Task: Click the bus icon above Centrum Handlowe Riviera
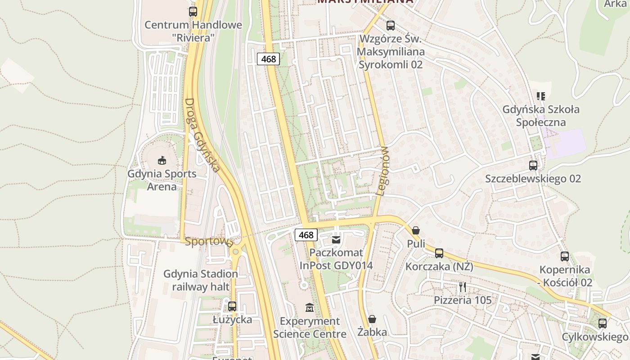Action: click(193, 12)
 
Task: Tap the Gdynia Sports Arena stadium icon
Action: click(162, 160)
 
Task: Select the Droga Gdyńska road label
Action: click(202, 135)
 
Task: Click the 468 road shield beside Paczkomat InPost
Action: click(306, 235)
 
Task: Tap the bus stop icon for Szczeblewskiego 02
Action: click(533, 165)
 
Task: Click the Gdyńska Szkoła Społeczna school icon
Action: click(541, 96)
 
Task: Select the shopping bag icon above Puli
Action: click(416, 230)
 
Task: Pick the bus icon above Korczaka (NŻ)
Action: click(439, 253)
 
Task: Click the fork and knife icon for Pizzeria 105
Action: click(463, 287)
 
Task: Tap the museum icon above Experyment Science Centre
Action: click(310, 308)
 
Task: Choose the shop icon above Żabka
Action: click(372, 319)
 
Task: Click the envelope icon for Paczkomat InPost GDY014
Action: click(336, 239)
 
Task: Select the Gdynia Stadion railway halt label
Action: click(201, 280)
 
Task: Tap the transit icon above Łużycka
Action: click(232, 306)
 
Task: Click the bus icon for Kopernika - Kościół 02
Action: click(565, 256)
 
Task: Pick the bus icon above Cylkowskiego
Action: click(603, 323)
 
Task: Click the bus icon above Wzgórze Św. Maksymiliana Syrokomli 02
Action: click(391, 25)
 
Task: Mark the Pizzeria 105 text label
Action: click(463, 300)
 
